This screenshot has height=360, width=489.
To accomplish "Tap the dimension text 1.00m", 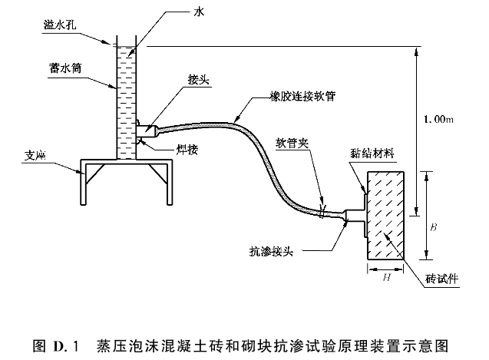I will tap(438, 121).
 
